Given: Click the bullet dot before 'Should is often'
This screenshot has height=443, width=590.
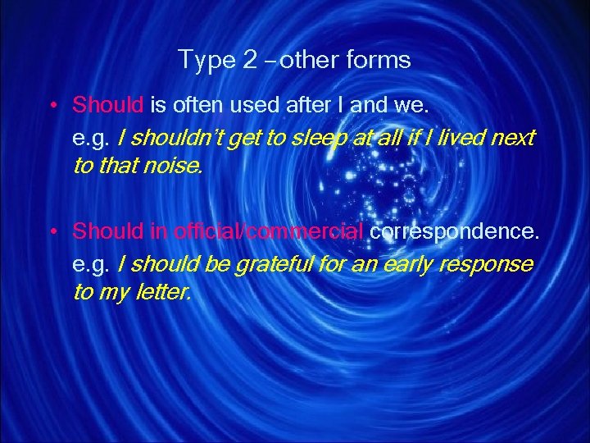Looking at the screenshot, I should [x=52, y=106].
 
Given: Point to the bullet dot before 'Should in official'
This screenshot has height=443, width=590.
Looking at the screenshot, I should [x=52, y=233].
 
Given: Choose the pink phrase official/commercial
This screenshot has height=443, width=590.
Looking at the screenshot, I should [x=268, y=232].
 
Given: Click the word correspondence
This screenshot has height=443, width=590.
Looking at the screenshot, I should [x=455, y=232].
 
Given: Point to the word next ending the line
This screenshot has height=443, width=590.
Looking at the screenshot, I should [x=513, y=138].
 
